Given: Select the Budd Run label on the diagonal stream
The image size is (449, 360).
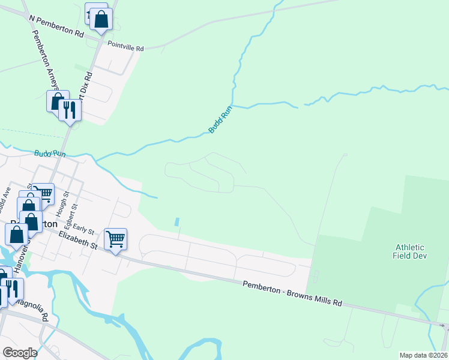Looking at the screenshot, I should [x=220, y=119].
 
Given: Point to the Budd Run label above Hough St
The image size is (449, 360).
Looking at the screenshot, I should [x=49, y=154].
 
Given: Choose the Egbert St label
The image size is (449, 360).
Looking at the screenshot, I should [x=74, y=214].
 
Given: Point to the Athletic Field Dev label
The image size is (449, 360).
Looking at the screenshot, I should [x=410, y=252].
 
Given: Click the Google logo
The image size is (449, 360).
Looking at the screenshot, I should [x=20, y=352].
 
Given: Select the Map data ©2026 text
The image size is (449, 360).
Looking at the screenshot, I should [x=423, y=355].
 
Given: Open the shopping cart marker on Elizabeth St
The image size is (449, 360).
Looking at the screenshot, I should [x=115, y=239].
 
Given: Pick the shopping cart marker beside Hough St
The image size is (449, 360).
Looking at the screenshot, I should [x=43, y=193].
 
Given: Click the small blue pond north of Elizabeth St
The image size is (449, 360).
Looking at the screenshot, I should [x=176, y=222].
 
